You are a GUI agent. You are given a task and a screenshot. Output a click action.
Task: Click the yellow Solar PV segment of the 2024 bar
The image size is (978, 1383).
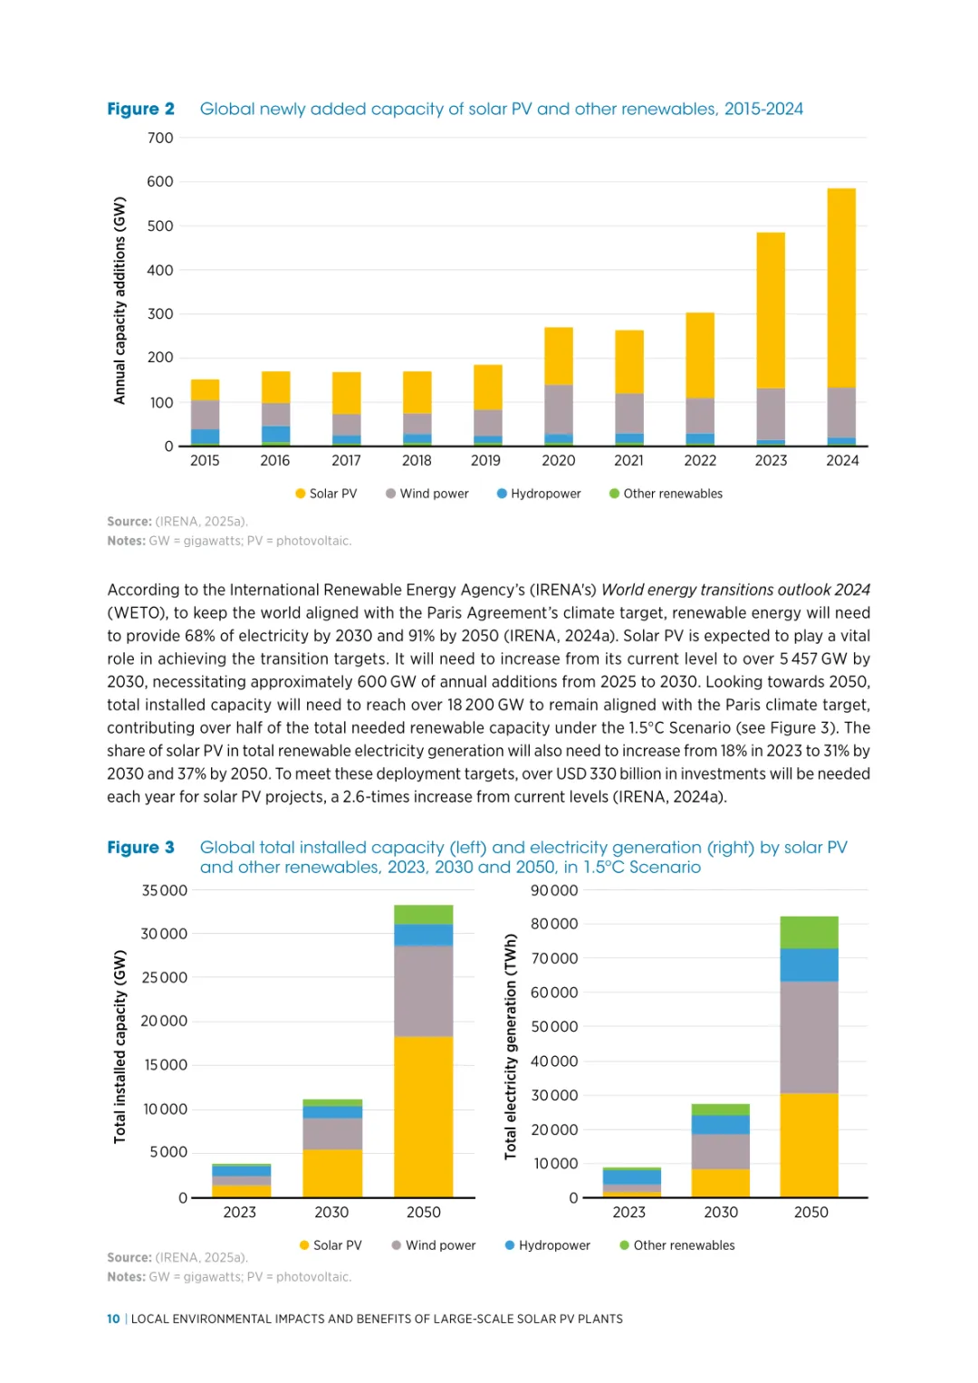point(841,288)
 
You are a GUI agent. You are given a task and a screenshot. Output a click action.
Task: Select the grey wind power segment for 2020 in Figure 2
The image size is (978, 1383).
point(558,409)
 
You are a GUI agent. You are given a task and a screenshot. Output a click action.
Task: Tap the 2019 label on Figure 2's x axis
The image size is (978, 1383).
point(485,460)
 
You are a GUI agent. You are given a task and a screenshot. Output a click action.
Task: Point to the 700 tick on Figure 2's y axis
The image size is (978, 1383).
point(160,138)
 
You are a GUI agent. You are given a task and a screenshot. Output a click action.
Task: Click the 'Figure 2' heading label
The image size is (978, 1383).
point(140,109)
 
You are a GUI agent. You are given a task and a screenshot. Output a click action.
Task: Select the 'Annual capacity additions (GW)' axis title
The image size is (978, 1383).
point(120,301)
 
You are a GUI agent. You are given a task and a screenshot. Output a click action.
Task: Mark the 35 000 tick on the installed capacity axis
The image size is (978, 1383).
point(165,890)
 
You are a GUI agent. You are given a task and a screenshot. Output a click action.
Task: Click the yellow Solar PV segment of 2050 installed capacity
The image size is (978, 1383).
point(423,1116)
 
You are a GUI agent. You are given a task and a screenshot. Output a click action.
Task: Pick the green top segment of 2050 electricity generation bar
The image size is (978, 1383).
point(809,932)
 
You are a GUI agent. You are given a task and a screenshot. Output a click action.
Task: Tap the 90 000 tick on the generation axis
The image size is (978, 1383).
point(554,890)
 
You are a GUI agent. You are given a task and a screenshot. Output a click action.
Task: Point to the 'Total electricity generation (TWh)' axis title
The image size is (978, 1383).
point(511,1046)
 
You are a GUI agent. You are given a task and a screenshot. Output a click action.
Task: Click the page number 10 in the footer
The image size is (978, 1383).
point(113,1319)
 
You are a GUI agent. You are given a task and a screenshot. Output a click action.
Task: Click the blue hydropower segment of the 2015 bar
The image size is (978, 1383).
point(205,436)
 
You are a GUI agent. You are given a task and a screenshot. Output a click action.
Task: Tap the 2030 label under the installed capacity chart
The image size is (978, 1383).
point(331,1212)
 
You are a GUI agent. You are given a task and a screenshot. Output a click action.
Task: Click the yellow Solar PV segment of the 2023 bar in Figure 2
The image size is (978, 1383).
point(771,311)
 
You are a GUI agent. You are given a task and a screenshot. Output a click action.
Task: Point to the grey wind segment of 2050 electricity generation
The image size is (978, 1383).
point(809,1037)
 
